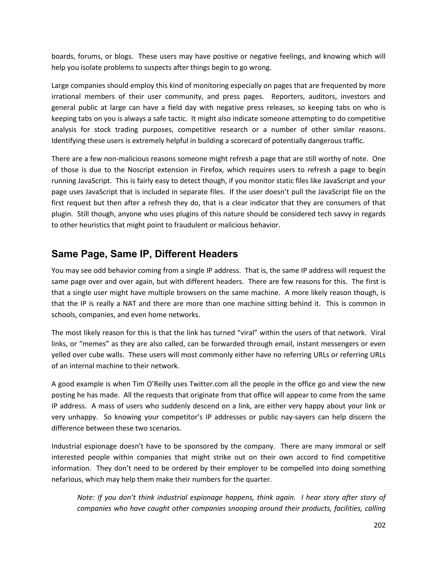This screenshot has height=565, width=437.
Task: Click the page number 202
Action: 380,525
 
